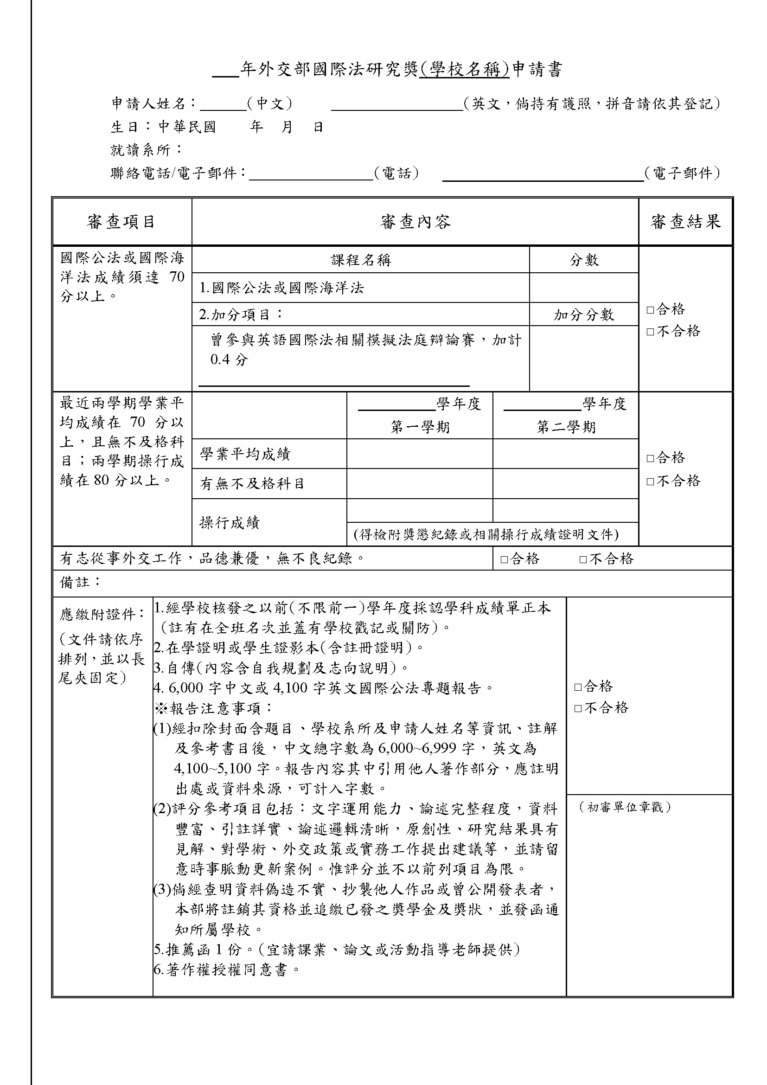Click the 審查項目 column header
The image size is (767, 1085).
[x=121, y=222]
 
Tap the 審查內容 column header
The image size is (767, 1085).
[x=415, y=222]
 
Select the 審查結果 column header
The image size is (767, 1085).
[x=685, y=222]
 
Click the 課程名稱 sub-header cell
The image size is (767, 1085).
[x=361, y=260]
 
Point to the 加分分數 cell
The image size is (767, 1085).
[x=584, y=315]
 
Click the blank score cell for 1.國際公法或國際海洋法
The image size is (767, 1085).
[x=584, y=288]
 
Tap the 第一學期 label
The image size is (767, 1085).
[x=420, y=427]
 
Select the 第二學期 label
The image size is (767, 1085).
[x=566, y=427]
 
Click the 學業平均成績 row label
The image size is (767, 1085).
[x=245, y=454]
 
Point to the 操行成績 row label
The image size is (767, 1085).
[x=230, y=523]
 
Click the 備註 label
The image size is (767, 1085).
[x=80, y=582]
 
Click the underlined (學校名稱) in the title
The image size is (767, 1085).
[x=465, y=70]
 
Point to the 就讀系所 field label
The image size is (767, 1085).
[x=147, y=150]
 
